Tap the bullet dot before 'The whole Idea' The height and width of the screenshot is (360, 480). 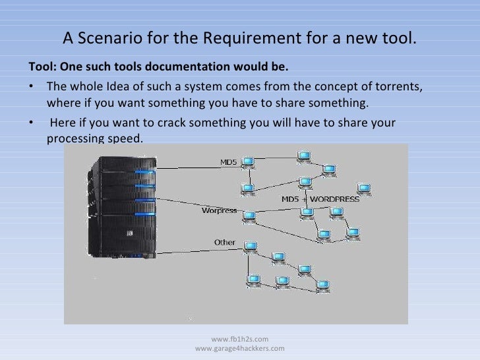[30, 88]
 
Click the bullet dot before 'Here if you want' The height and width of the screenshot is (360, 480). [30, 123]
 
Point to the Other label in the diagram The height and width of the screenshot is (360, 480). [225, 242]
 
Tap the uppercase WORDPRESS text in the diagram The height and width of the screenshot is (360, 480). [335, 199]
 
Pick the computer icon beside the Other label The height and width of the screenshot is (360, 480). [249, 246]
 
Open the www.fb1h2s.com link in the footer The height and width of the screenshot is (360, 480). [239, 339]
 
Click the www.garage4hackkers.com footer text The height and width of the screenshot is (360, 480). [240, 348]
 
